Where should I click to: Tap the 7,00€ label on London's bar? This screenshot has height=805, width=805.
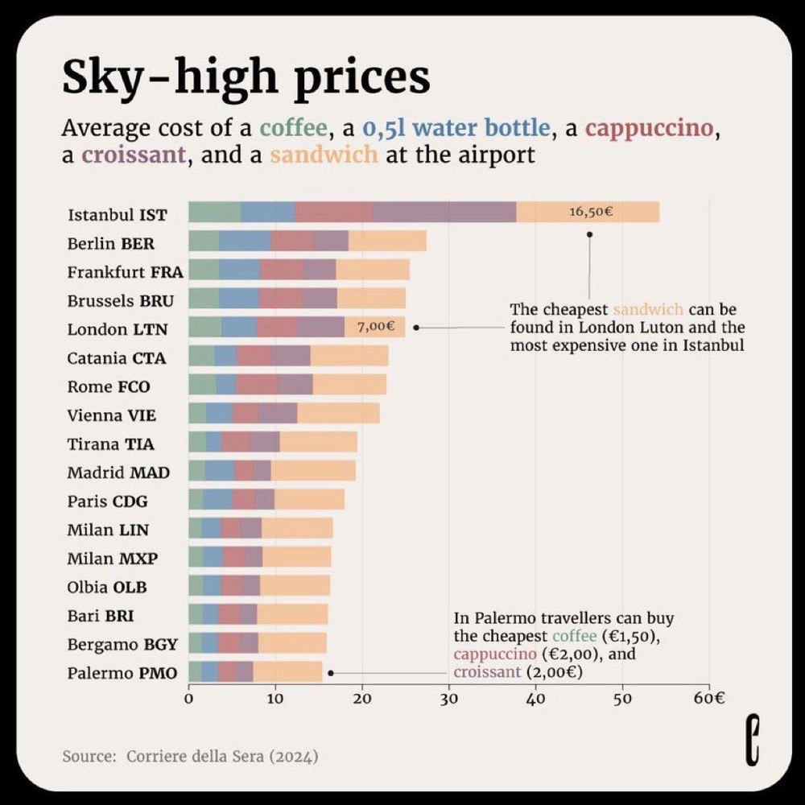pos(376,327)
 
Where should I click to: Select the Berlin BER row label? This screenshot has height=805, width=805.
pos(111,243)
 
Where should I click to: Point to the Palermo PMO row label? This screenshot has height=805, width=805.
pos(122,673)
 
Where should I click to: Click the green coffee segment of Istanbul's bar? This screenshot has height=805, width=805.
pos(214,212)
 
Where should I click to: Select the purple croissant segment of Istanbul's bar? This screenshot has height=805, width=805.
pos(444,212)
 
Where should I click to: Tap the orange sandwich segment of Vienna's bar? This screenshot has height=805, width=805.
pos(338,415)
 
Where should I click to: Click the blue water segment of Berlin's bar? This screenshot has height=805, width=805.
pos(245,241)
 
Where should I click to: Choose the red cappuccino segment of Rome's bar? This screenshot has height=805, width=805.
pos(257,385)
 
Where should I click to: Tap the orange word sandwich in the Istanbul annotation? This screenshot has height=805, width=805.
pos(648,310)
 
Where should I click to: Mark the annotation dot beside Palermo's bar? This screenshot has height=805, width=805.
pos(330,672)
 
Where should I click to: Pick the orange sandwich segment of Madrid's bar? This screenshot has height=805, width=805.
pos(313,472)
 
